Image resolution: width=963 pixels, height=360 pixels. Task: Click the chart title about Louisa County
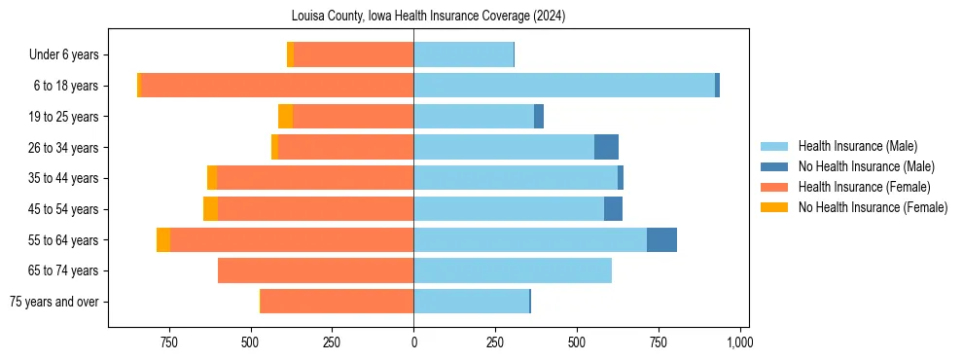click(x=428, y=17)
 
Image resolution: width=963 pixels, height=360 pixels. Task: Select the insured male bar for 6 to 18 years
click(x=564, y=86)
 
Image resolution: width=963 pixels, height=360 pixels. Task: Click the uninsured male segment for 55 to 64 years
click(x=661, y=239)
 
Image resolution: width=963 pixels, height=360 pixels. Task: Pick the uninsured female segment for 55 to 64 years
click(x=163, y=239)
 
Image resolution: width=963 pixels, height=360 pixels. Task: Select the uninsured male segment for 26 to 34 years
click(x=606, y=147)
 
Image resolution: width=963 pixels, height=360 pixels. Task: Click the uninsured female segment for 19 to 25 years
click(x=285, y=117)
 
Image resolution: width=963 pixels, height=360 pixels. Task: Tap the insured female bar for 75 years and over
click(x=337, y=301)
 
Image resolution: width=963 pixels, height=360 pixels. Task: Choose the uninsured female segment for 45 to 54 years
click(x=210, y=209)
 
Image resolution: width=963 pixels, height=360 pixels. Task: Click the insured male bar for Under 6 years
click(x=463, y=54)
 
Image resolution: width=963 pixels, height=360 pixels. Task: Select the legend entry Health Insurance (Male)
click(x=857, y=146)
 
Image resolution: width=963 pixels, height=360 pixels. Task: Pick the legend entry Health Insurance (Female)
click(x=864, y=187)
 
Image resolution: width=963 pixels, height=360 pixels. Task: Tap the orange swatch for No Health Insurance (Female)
click(x=774, y=207)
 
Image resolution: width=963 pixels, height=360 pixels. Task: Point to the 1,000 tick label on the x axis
click(x=739, y=342)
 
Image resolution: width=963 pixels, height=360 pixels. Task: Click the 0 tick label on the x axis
click(x=413, y=342)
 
